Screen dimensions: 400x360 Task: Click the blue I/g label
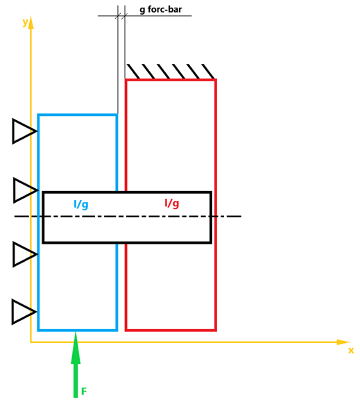pyautogui.click(x=80, y=205)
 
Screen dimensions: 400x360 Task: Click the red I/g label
pyautogui.click(x=171, y=203)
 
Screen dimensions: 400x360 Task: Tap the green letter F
pyautogui.click(x=84, y=392)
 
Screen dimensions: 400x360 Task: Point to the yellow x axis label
pyautogui.click(x=351, y=351)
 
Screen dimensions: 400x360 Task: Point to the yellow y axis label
pyautogui.click(x=25, y=22)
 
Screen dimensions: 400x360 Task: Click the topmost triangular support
pyautogui.click(x=23, y=131)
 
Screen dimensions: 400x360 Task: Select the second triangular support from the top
pyautogui.click(x=24, y=190)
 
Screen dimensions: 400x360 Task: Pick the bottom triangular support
pyautogui.click(x=22, y=312)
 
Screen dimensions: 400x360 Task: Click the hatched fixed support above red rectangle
pyautogui.click(x=171, y=72)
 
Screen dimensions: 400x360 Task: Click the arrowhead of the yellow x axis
pyautogui.click(x=342, y=342)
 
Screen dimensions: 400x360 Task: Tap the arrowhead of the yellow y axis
pyautogui.click(x=31, y=23)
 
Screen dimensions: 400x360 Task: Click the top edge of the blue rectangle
pyautogui.click(x=77, y=115)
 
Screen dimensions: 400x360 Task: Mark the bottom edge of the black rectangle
pyautogui.click(x=127, y=242)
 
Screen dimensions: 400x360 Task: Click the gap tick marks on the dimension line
pyautogui.click(x=121, y=15)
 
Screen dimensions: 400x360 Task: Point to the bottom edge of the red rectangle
pyautogui.click(x=171, y=330)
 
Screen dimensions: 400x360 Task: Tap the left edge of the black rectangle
pyautogui.click(x=43, y=217)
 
